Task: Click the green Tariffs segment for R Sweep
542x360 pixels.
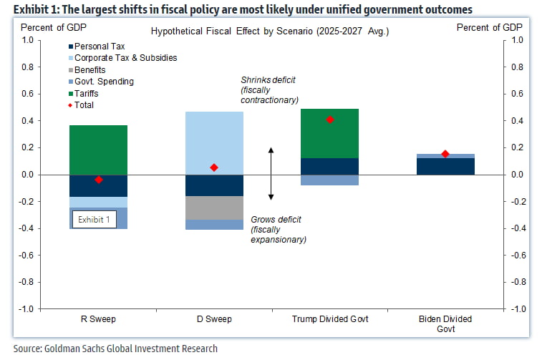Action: [98, 150]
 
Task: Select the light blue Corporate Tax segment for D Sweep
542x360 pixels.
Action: [214, 142]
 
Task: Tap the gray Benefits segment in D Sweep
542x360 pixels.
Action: [214, 208]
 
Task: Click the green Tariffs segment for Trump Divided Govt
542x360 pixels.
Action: [329, 133]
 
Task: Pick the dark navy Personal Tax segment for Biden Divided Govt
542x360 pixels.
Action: [445, 166]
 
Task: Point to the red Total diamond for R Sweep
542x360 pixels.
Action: [99, 180]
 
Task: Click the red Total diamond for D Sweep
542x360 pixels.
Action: [214, 167]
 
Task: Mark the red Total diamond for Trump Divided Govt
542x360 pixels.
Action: [330, 120]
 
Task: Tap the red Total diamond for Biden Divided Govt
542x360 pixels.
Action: [445, 154]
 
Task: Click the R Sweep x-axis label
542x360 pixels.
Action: [99, 318]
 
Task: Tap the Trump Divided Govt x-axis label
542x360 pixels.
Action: [330, 318]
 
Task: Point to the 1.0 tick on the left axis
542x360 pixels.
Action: [26, 41]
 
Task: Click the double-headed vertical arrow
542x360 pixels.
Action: [271, 174]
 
